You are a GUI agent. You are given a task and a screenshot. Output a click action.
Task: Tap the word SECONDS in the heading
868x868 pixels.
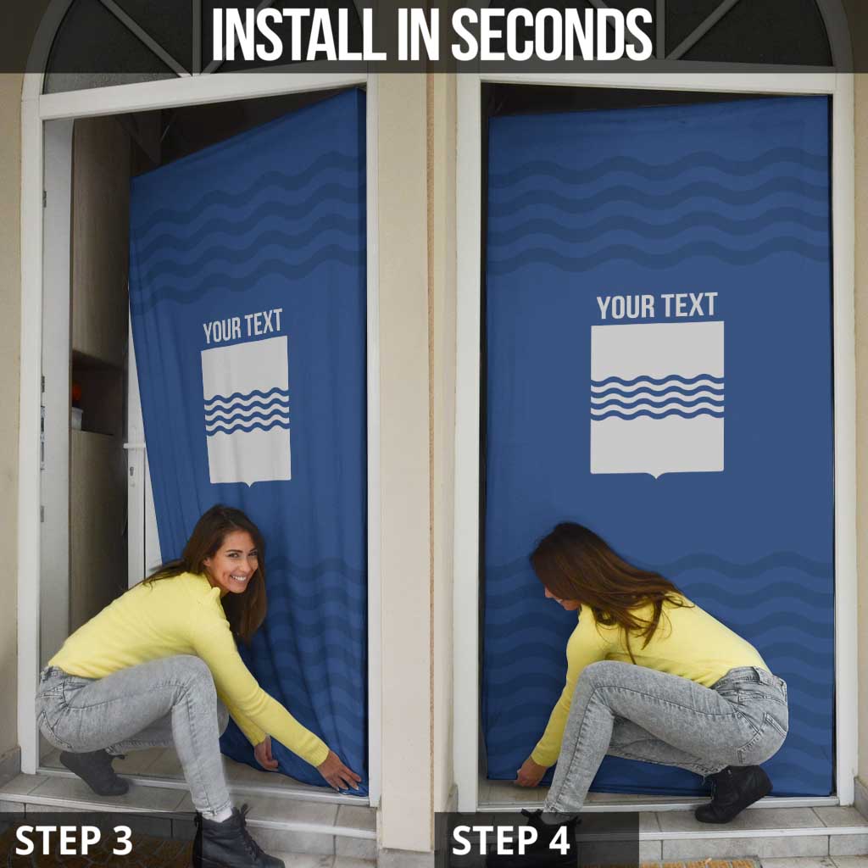[553, 34]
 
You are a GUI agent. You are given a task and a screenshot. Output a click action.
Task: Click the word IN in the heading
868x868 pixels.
[419, 34]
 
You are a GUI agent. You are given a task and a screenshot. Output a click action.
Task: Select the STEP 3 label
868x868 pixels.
[74, 840]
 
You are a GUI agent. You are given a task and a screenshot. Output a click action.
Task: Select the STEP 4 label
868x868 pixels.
[510, 840]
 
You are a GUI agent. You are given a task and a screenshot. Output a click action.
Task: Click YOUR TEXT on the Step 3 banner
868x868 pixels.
[242, 326]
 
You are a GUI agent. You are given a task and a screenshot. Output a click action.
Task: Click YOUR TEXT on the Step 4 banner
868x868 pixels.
[657, 306]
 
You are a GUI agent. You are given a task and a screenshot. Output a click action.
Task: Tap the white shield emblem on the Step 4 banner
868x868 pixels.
[657, 398]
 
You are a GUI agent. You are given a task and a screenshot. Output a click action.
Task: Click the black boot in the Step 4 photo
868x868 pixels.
[733, 793]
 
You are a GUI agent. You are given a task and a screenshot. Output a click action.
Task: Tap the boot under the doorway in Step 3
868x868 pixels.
[94, 771]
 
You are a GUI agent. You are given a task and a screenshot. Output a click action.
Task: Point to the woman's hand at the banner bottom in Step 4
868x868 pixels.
[529, 772]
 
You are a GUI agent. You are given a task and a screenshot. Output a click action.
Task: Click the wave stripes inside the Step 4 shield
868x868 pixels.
[657, 397]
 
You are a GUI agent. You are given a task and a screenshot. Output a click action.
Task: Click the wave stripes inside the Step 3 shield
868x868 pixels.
[247, 411]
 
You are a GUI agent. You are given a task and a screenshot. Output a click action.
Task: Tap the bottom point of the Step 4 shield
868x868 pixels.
[656, 478]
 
